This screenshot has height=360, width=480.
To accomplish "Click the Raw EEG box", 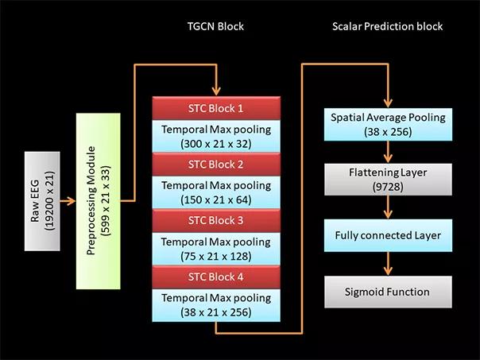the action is click(x=42, y=201).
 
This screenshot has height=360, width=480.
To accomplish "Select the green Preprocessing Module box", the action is click(x=99, y=201).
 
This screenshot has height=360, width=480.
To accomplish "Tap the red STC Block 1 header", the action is click(x=216, y=108).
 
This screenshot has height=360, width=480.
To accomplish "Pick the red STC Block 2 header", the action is click(x=216, y=165).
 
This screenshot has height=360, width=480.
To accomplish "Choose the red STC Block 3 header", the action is click(x=216, y=220).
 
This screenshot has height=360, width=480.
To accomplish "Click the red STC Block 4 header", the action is click(x=216, y=277).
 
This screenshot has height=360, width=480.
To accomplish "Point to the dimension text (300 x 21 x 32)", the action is click(x=216, y=144).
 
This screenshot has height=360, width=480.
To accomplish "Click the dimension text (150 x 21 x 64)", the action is click(x=216, y=200).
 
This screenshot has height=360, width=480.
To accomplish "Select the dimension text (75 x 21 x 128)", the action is click(x=216, y=256).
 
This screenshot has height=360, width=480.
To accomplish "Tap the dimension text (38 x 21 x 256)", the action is click(x=216, y=312).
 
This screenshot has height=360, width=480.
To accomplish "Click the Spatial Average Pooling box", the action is click(x=388, y=124).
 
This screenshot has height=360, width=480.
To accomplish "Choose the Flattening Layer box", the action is click(x=388, y=180).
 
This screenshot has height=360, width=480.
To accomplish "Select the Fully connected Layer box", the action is click(x=388, y=235).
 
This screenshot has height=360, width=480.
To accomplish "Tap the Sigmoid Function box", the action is click(x=388, y=292).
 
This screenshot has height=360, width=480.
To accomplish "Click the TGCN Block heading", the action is click(x=216, y=26).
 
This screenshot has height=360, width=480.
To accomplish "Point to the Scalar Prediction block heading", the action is click(x=388, y=26).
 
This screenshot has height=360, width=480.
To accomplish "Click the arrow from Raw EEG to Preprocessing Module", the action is click(x=68, y=201).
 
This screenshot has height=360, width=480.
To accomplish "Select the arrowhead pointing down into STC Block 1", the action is click(x=216, y=91).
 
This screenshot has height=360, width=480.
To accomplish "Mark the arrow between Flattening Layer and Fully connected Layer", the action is click(x=388, y=207).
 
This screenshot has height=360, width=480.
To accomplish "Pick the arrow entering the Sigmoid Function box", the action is click(x=388, y=264).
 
